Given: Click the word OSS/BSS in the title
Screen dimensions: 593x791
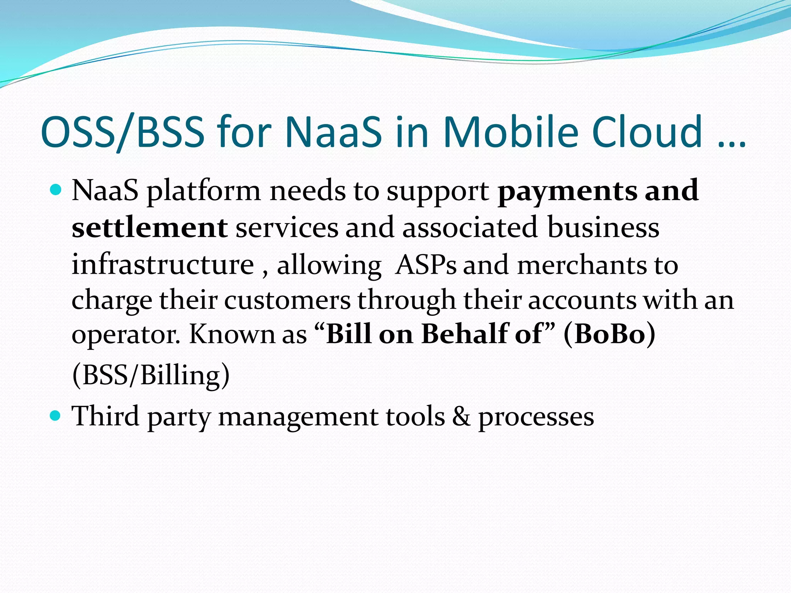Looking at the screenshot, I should coord(122,132).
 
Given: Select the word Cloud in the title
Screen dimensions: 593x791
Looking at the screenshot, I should coord(647,132).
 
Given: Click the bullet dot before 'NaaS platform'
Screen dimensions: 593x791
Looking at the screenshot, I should coord(56,190).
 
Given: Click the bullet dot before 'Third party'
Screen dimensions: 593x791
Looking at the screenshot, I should coord(56,416).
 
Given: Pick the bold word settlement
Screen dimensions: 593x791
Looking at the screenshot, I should coord(149,227).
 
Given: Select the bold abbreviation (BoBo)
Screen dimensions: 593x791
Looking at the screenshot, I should coord(609,334).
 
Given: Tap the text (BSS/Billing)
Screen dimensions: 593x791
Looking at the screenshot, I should coord(151,375).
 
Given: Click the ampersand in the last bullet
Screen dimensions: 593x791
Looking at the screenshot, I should coord(462,417).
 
